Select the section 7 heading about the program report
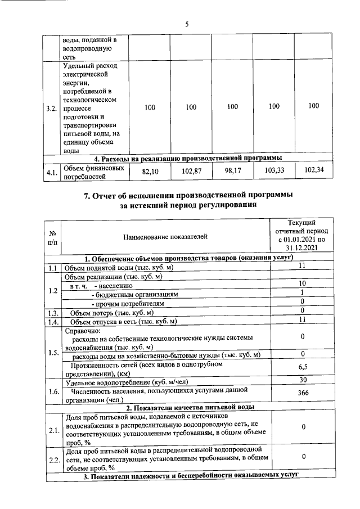188,200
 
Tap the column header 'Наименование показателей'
165,237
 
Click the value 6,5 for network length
302,368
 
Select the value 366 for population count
302,393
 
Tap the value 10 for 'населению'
302,283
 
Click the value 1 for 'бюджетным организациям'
302,292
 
